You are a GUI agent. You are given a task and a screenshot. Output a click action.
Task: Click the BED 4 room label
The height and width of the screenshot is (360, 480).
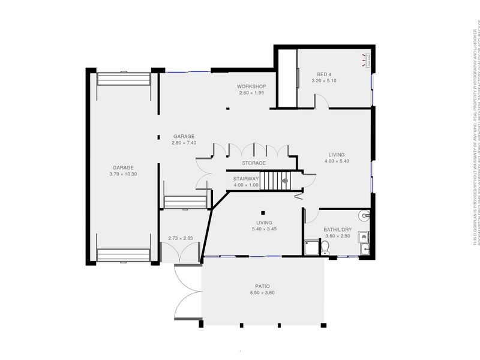tap(325, 73)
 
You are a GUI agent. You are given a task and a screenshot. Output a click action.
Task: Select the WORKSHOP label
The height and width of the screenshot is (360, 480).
tap(251, 86)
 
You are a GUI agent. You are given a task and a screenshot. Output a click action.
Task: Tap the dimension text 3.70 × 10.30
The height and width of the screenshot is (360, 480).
tap(124, 174)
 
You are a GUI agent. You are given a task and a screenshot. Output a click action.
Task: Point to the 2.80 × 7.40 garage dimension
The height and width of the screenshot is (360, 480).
tap(184, 143)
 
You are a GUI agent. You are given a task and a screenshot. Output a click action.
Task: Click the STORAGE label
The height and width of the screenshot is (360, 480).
tap(254, 163)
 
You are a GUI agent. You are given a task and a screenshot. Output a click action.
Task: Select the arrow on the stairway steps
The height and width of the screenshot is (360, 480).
tap(285, 179)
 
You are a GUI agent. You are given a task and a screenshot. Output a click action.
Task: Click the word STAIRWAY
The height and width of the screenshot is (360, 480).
tap(246, 178)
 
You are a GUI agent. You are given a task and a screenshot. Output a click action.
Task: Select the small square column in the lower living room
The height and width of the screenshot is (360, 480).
tap(263, 212)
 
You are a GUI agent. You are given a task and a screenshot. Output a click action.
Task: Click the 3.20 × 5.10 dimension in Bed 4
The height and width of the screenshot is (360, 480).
tap(325, 80)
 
